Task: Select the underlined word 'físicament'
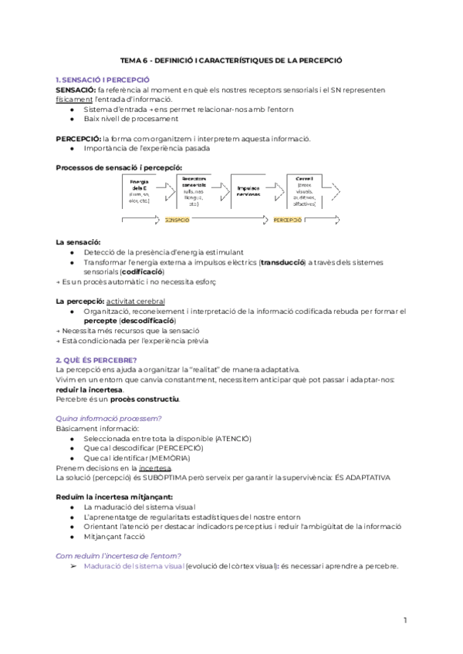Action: (74, 99)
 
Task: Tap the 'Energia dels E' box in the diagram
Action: (140, 190)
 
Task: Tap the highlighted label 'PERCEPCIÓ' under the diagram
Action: (288, 220)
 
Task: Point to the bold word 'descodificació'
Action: (147, 320)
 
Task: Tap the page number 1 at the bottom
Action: (405, 620)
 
